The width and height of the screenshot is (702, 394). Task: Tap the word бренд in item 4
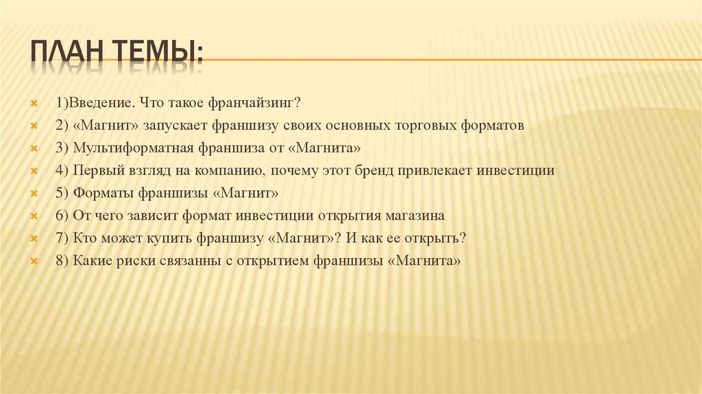(398, 171)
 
